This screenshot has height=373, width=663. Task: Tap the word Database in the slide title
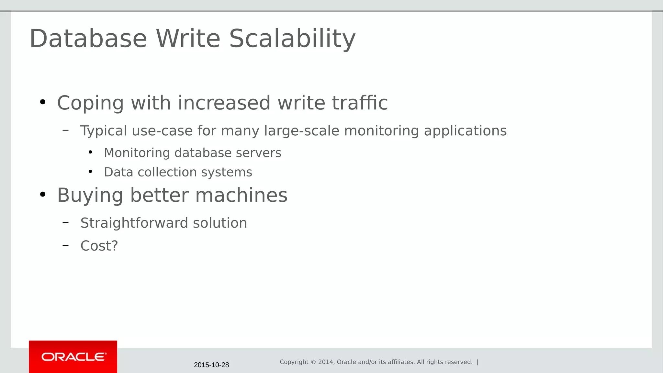coord(88,39)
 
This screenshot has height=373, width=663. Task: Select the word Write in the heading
coord(188,39)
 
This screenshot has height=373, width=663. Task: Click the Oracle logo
coord(73,357)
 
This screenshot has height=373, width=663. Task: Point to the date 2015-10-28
coord(211,365)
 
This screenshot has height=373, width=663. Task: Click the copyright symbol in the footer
coord(313,362)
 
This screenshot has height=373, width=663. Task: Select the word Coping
coord(90,103)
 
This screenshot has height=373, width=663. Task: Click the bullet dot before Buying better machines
coord(43,195)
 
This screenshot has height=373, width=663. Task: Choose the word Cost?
coord(99,246)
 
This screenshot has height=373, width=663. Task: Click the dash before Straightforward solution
coord(66,222)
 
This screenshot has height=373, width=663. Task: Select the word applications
coord(465,131)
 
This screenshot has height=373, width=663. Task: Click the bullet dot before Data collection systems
coord(90,171)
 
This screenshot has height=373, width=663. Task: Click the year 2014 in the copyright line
coord(326,362)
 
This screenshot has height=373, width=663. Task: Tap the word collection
coord(167,172)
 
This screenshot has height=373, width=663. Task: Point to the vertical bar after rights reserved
coord(478,362)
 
